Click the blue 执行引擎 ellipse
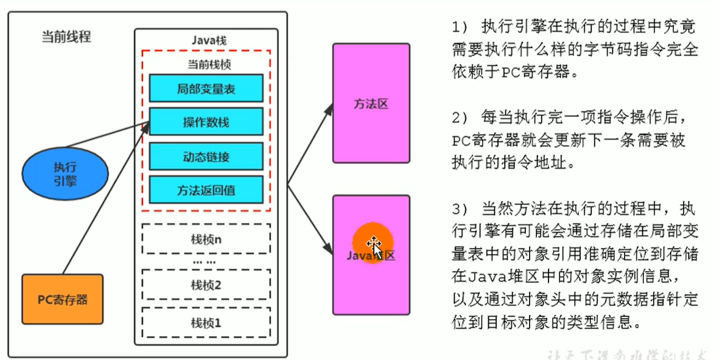(x=65, y=174)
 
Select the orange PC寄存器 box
(x=62, y=299)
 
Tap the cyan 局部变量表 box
(x=206, y=89)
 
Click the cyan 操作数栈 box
(x=206, y=122)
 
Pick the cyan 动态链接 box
(x=206, y=157)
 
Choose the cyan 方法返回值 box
(x=206, y=190)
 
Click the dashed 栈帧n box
(x=206, y=239)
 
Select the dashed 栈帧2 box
(x=206, y=285)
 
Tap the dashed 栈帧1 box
(x=206, y=323)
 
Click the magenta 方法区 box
(x=371, y=103)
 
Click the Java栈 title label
(x=206, y=41)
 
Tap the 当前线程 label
(x=66, y=37)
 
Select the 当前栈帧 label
(x=205, y=63)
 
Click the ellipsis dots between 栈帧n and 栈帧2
(x=205, y=262)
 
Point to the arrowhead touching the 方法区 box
(x=329, y=108)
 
